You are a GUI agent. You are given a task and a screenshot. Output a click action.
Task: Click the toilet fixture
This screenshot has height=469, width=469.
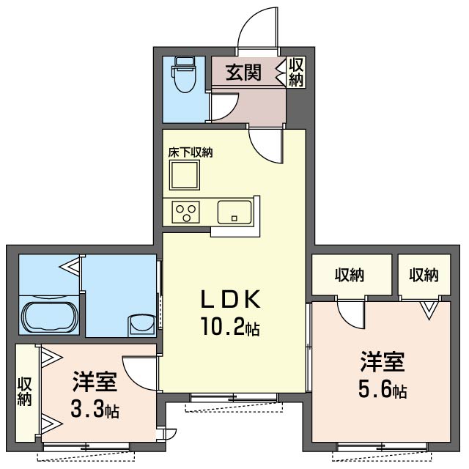(183, 75)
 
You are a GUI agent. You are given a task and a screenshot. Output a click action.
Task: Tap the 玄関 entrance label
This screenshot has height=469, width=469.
(244, 73)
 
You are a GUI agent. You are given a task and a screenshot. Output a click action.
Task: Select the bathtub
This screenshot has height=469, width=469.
(50, 317)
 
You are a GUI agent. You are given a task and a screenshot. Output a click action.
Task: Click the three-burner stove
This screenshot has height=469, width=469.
(185, 212)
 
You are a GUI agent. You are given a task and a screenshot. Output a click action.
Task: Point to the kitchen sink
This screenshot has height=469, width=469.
(234, 212)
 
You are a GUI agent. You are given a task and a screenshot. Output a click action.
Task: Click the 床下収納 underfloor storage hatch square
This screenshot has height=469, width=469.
(185, 175)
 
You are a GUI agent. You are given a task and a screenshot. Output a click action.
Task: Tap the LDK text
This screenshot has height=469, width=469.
(231, 299)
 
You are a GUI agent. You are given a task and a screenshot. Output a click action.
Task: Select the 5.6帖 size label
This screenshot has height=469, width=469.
(383, 390)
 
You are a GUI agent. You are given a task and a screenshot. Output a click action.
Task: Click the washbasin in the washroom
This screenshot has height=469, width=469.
(141, 325)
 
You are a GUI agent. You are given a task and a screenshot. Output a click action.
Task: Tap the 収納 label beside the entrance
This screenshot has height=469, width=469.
(296, 72)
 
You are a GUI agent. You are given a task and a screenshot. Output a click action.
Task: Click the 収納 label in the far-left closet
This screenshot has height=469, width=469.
(24, 392)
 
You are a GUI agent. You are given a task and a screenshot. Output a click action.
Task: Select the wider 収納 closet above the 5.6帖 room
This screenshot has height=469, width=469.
(352, 275)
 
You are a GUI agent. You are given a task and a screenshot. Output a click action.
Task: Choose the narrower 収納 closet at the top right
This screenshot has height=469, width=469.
(424, 275)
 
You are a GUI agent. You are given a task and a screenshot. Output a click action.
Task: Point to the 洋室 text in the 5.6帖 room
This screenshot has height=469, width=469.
(383, 362)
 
